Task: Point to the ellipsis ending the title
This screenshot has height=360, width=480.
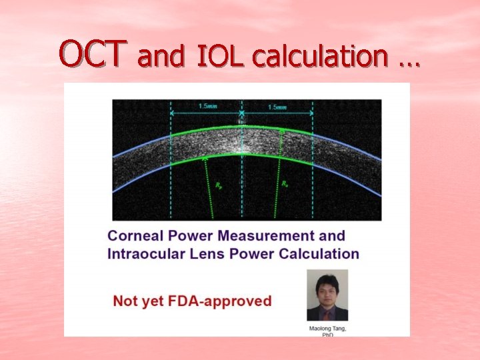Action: point(409,61)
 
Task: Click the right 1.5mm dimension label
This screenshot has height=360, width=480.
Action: point(277,107)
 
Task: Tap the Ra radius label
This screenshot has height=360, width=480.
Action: point(285,182)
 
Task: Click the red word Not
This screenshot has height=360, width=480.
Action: point(125,301)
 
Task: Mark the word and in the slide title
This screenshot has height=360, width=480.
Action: point(160,59)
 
